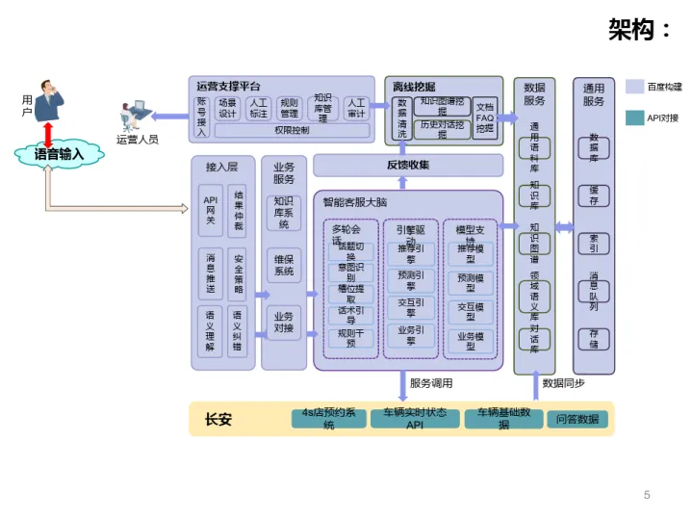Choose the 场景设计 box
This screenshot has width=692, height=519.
[x=227, y=108]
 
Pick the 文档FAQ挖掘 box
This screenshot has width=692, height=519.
[x=485, y=117]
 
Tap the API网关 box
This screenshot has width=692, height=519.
[x=211, y=210]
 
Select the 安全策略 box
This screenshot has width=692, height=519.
[x=239, y=275]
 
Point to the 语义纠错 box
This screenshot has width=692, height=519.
[x=239, y=329]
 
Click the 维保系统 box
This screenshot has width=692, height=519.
[x=283, y=265]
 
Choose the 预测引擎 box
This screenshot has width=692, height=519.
[x=405, y=280]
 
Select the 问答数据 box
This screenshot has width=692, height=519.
[x=577, y=419]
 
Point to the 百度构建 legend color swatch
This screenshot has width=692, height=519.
[x=634, y=87]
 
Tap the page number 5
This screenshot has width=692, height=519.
[x=647, y=495]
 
